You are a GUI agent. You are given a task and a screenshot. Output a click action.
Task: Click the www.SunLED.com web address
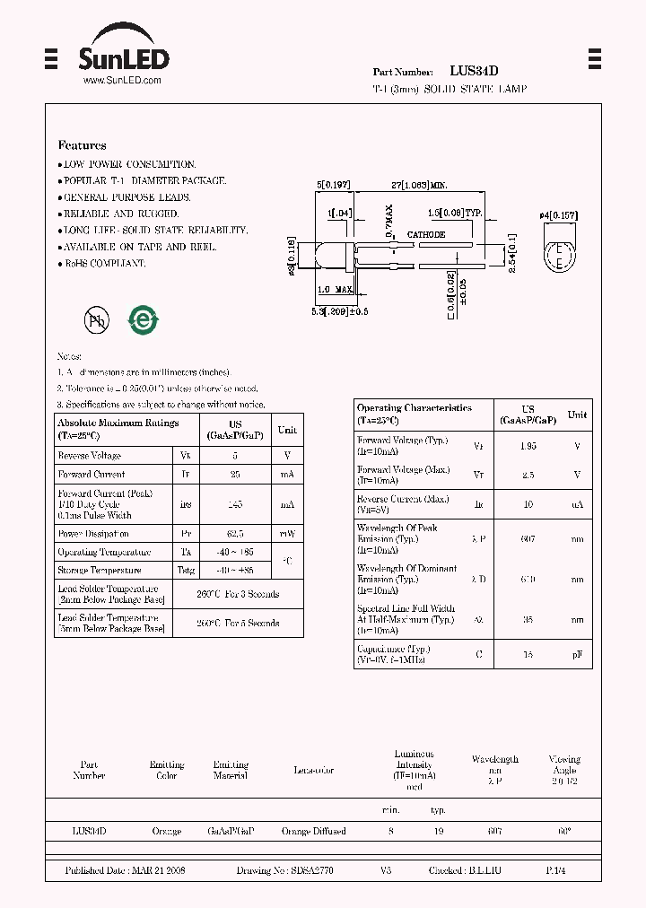click(122, 81)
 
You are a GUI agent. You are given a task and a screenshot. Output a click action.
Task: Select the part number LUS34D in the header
click(475, 71)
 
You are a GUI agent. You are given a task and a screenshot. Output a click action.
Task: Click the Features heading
click(82, 145)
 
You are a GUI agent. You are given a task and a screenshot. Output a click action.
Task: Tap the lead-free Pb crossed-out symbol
click(96, 320)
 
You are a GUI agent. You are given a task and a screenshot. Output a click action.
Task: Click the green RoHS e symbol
click(143, 320)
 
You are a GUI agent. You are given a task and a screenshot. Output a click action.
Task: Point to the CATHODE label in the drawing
click(426, 235)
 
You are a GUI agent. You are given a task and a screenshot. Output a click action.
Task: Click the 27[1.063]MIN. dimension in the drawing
click(419, 184)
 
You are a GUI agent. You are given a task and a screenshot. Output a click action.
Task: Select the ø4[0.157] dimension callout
click(558, 216)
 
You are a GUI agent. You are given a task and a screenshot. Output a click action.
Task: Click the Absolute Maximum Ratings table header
click(118, 427)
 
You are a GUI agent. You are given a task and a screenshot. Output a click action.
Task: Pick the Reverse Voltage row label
click(90, 456)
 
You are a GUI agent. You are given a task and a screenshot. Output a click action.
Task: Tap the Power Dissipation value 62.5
click(235, 535)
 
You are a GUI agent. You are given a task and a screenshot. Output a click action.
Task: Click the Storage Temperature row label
click(100, 571)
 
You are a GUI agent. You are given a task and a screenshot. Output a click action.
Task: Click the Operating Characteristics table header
click(415, 413)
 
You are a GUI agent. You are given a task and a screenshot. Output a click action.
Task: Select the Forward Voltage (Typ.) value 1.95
click(528, 446)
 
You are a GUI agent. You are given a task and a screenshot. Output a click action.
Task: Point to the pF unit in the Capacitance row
click(577, 655)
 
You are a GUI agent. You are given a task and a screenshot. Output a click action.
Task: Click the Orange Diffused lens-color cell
click(313, 832)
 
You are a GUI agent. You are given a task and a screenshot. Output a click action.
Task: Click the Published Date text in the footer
click(125, 871)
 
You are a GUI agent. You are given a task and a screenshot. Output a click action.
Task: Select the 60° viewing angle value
click(564, 832)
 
